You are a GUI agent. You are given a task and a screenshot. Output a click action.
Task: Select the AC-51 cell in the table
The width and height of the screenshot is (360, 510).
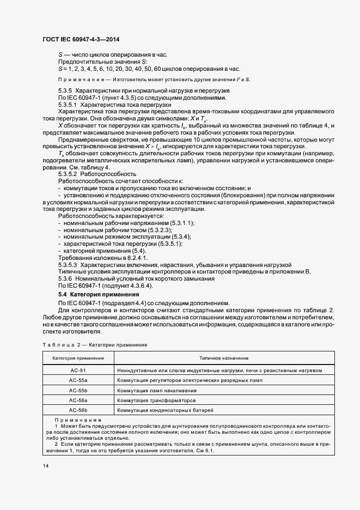point(78,370)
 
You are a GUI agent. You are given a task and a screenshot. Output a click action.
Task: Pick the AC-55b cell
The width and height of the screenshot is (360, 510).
point(78,390)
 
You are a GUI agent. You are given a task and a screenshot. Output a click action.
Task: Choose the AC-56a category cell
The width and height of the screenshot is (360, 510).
point(78,400)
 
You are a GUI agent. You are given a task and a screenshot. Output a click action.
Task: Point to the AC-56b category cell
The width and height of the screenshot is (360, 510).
point(78,410)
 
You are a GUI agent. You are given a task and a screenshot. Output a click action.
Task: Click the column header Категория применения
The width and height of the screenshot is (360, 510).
point(78,358)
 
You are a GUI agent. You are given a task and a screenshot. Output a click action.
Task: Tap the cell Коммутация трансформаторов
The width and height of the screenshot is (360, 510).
point(158,400)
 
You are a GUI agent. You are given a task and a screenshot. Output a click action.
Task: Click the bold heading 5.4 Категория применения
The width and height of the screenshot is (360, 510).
point(95,294)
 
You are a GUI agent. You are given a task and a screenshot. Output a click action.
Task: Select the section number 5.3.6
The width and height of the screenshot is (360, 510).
point(65,278)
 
